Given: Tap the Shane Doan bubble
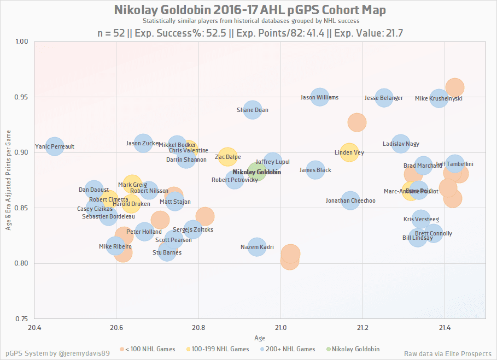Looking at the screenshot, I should [x=252, y=109].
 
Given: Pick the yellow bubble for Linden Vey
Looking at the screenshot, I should [x=349, y=152].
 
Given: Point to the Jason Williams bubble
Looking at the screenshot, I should [x=320, y=97].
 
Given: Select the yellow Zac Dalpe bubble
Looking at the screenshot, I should [x=227, y=157].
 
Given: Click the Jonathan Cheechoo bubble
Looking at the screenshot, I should [x=350, y=200].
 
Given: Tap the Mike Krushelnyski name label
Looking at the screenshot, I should [x=438, y=98].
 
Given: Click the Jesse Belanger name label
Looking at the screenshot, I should [x=383, y=98].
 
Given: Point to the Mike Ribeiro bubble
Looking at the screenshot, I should [x=115, y=246].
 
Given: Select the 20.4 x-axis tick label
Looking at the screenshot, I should [x=34, y=327].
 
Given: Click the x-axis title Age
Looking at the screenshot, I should [x=260, y=338].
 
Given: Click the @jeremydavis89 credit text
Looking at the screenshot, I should [x=81, y=353].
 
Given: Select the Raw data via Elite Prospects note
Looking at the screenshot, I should [x=447, y=353].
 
